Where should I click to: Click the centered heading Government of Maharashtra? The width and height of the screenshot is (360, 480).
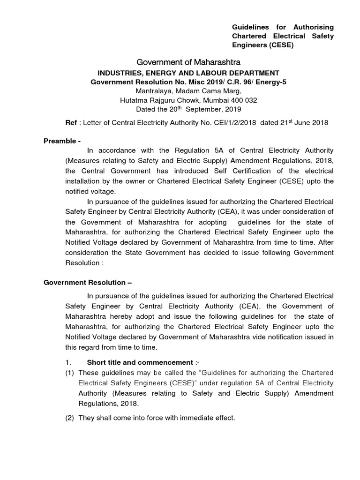coord(188,62)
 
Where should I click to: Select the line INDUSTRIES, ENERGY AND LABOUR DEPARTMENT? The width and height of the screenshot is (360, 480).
coord(188,73)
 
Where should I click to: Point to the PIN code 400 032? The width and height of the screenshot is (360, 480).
coord(244,100)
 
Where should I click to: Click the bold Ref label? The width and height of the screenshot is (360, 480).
coord(70,123)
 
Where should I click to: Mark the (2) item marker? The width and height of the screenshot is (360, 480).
coord(70,417)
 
